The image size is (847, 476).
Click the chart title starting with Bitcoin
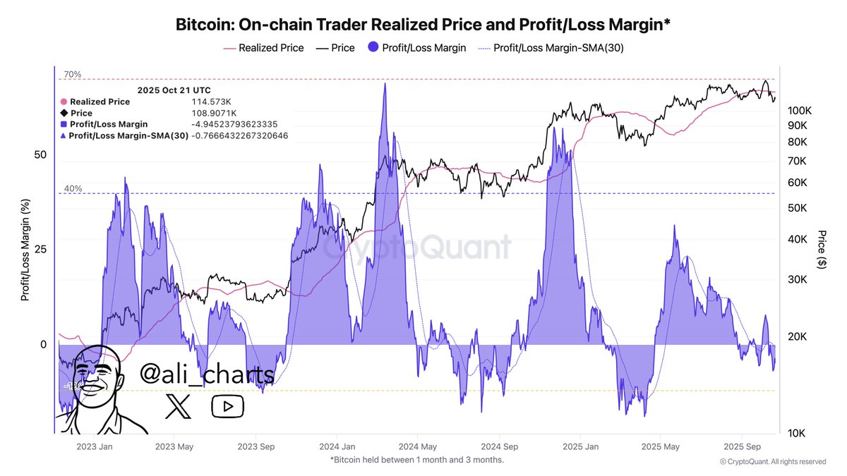[x=423, y=25]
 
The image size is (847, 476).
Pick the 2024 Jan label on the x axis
[x=337, y=446]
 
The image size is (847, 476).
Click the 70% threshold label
[x=73, y=74]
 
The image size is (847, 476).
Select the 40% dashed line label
[x=73, y=188]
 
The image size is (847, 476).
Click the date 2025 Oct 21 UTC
[x=174, y=90]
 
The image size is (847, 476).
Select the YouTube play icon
[x=227, y=405]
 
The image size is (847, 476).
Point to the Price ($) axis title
[x=821, y=248]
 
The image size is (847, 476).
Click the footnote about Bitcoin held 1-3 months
[x=416, y=460]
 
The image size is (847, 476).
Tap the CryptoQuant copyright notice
[x=772, y=462]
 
